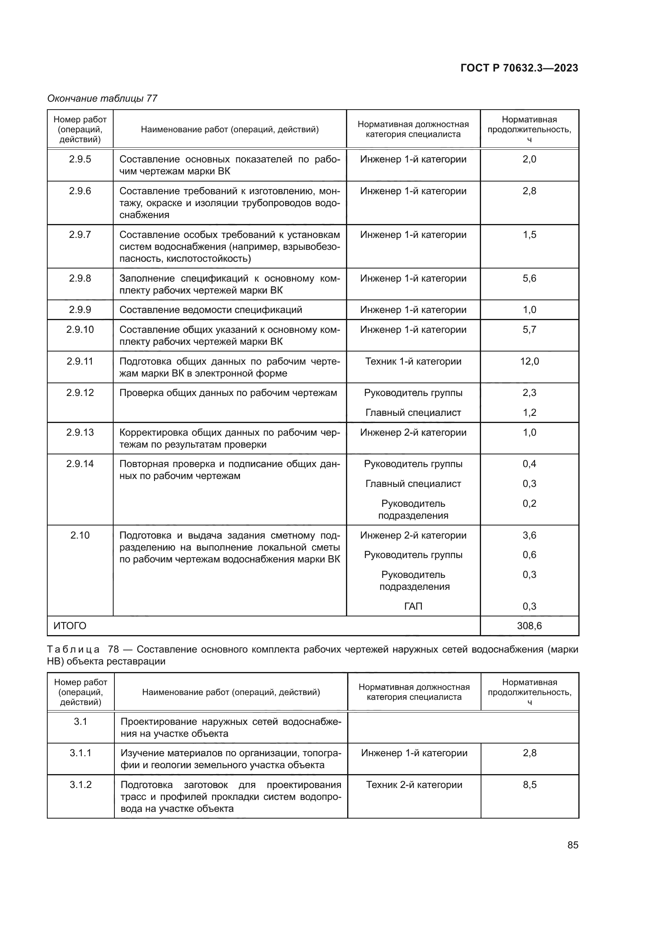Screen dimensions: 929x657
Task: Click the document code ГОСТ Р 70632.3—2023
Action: [x=519, y=68]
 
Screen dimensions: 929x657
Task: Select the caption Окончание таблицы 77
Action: [x=102, y=99]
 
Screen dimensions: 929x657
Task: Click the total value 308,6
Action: [x=529, y=626]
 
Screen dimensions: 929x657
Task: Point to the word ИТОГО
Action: [x=70, y=626]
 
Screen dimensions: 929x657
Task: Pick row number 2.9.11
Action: [x=80, y=361]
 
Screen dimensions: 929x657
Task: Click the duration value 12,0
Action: [x=529, y=361]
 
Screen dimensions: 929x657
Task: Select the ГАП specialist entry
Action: [x=413, y=606]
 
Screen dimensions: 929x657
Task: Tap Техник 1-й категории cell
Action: [x=413, y=361]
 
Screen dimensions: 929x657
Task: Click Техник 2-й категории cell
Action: [x=414, y=784]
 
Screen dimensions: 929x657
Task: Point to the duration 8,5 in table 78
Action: [x=529, y=784]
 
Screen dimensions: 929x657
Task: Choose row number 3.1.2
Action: [x=81, y=784]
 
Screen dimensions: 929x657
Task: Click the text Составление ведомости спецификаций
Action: [x=211, y=310]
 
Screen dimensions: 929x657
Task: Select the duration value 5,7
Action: [x=529, y=330]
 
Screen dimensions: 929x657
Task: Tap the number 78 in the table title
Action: [x=113, y=649]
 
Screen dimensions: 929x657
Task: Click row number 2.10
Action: [x=80, y=535]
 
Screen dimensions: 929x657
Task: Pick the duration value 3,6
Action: [x=529, y=535]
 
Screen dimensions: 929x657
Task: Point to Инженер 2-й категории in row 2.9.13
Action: [x=413, y=433]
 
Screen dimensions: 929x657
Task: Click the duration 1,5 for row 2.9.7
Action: [x=529, y=235]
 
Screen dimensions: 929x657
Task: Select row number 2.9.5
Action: [x=80, y=159]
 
